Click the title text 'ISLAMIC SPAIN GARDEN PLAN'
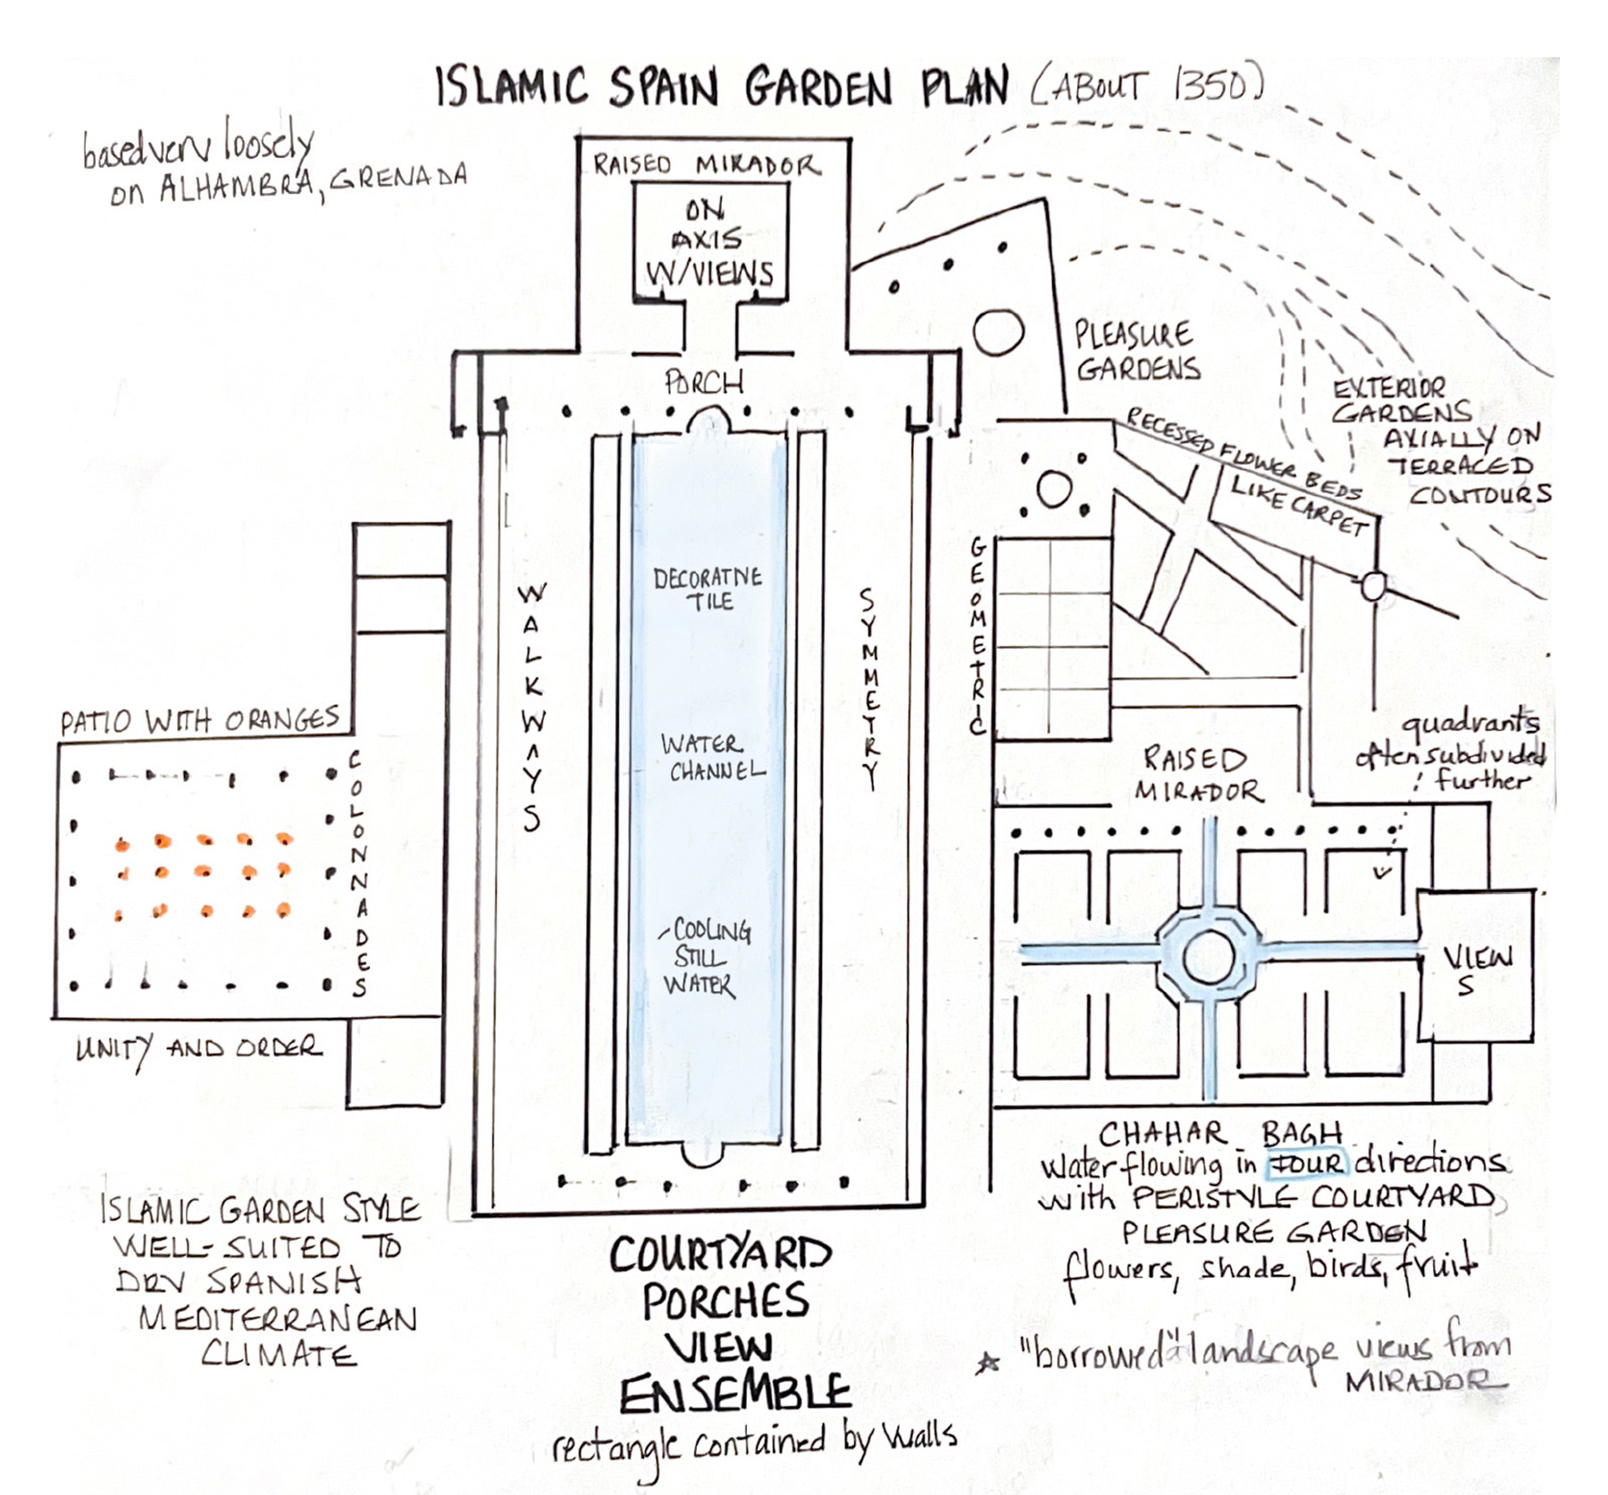coord(722,88)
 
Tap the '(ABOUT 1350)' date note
coord(1147,87)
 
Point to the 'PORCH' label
coord(704,382)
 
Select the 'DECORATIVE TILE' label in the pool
coord(708,589)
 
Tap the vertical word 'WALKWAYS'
coord(532,706)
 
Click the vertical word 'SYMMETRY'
coord(868,688)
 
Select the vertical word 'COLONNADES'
coord(357,874)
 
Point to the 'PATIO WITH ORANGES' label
coord(200,720)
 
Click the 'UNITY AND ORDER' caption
coord(198,1047)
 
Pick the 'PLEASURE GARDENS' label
coord(1136,351)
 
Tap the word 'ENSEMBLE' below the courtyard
coord(734,1394)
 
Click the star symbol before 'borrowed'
coord(988,1364)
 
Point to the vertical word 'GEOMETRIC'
coord(978,635)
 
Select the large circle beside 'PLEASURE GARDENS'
coord(998,333)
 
